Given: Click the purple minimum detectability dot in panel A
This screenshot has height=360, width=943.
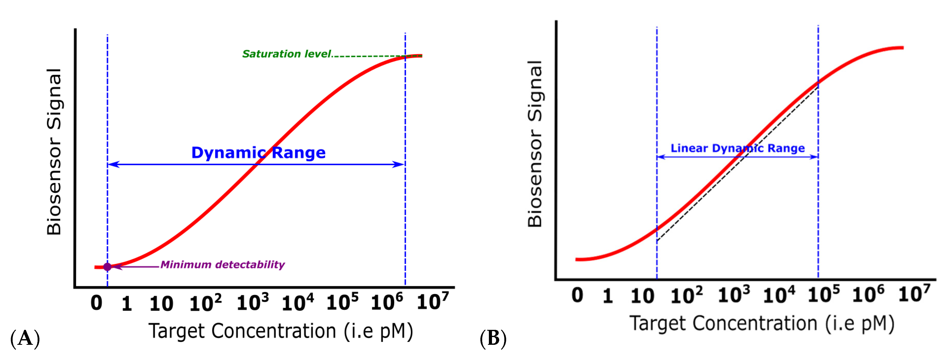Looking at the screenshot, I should pos(107,267).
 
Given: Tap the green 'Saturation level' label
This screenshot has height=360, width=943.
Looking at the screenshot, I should pos(287,54).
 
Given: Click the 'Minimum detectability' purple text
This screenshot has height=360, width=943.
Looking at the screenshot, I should pos(223,264).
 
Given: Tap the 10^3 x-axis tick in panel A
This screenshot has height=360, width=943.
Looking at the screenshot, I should pos(253,303).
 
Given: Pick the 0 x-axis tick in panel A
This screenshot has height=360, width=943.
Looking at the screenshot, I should pos(97,303).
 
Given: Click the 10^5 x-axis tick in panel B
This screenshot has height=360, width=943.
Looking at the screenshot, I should pos(824,295).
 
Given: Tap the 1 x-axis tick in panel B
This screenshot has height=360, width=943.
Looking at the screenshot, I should pos(608,296).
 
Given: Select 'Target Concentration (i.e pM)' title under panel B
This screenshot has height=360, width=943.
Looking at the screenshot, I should pos(761,324).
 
